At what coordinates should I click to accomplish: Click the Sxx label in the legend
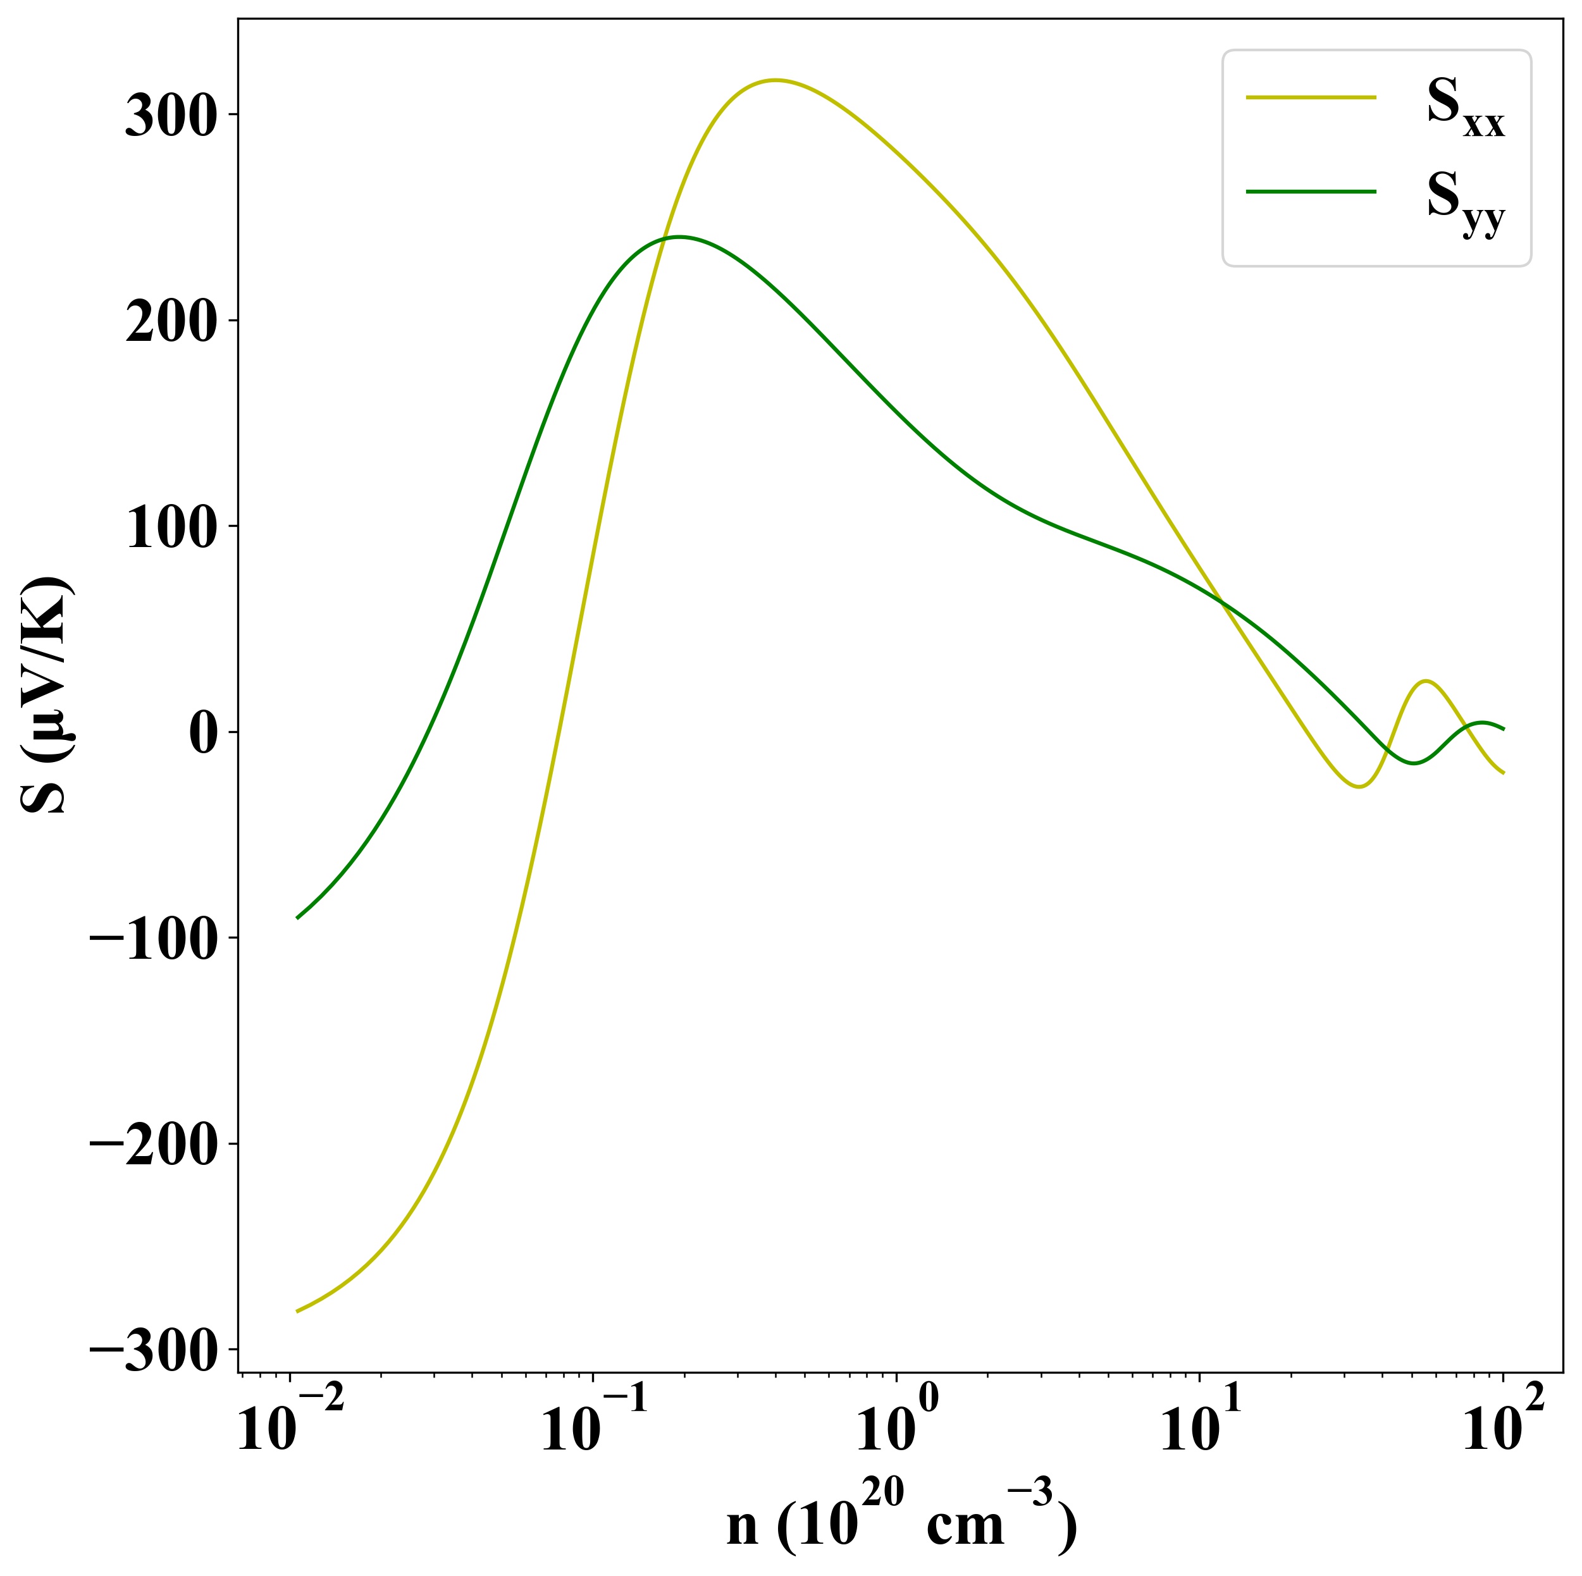pos(1465,106)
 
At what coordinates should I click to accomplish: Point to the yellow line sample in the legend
pos(1311,97)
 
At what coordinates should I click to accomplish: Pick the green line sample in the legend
pos(1311,192)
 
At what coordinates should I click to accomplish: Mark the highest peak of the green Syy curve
pos(678,237)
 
